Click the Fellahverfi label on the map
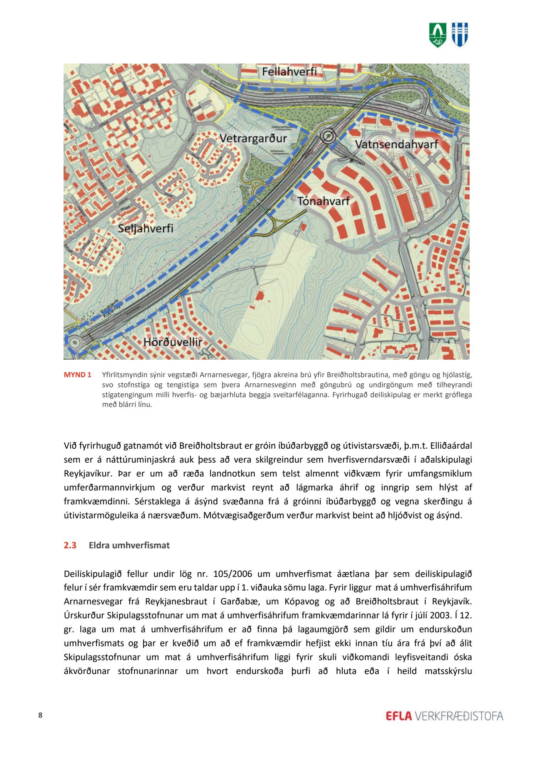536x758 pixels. (x=289, y=72)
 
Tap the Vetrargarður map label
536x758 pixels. (x=253, y=138)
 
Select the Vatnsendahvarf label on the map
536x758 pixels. (x=396, y=144)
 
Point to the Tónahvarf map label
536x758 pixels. (x=324, y=201)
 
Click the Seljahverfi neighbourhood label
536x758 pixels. (x=145, y=228)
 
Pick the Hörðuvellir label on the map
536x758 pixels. (x=173, y=342)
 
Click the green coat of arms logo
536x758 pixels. (x=437, y=35)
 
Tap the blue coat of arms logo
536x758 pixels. (x=460, y=35)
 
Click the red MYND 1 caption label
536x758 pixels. (x=77, y=375)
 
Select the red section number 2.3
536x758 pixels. (x=70, y=545)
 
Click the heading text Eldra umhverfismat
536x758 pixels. (x=129, y=545)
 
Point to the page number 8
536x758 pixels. (x=40, y=715)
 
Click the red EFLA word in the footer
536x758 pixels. (x=399, y=716)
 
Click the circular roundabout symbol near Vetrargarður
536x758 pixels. (x=328, y=136)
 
